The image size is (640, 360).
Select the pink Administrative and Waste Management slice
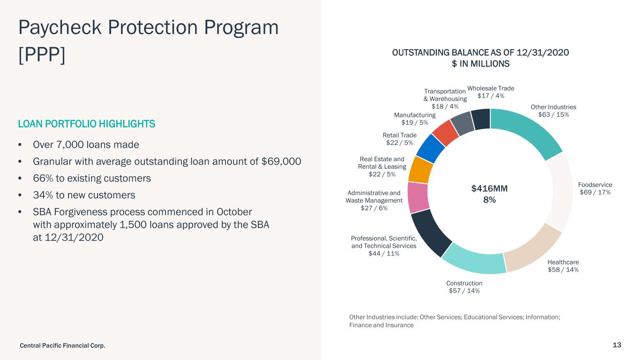(418, 197)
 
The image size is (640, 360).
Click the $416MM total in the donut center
(489, 188)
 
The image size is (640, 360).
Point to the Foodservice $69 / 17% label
(595, 188)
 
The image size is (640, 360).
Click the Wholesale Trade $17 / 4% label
(491, 92)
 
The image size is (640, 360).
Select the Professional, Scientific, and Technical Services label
(384, 246)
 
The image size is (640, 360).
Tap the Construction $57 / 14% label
(464, 287)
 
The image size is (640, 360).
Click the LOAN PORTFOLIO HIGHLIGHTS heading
(86, 124)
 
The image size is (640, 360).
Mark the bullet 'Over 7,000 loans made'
(86, 144)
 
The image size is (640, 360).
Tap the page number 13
(617, 345)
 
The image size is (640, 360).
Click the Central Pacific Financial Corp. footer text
(62, 345)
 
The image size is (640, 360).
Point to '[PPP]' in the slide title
(41, 55)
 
